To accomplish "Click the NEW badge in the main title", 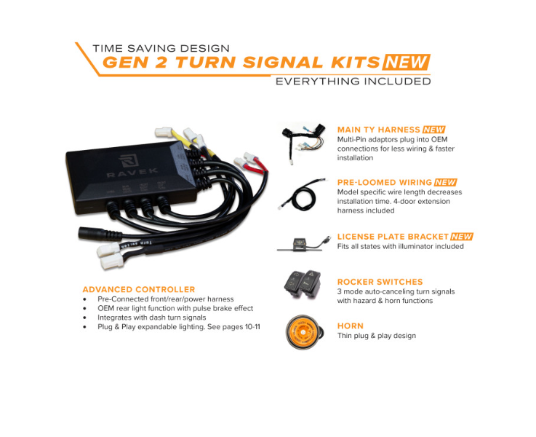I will (x=407, y=62).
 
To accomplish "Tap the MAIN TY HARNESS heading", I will (x=378, y=130).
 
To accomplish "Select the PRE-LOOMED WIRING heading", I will (x=385, y=182).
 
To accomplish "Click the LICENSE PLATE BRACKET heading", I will (x=393, y=236).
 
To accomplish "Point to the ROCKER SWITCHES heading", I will (x=380, y=282).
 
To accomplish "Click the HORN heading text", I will (x=350, y=326).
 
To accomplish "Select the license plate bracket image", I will (x=300, y=243).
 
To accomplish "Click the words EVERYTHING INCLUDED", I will (x=353, y=81).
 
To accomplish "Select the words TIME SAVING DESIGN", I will (x=161, y=48).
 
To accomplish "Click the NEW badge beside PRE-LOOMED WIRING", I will (x=446, y=182).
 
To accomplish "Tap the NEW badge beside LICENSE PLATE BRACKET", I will (x=462, y=236).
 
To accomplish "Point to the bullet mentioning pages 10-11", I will (x=178, y=327).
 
